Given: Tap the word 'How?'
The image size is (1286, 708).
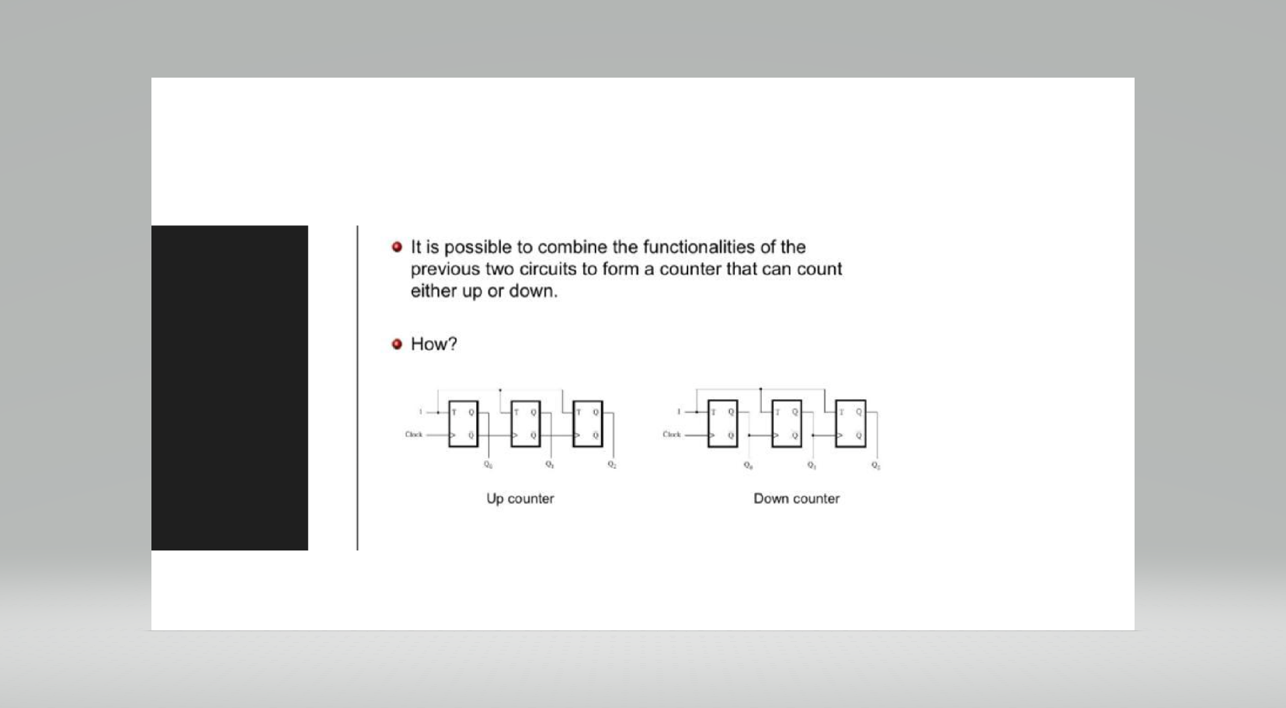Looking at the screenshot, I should coord(433,344).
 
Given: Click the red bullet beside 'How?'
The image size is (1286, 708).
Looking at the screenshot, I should coord(398,344).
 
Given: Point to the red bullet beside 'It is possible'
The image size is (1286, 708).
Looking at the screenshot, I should coord(398,247).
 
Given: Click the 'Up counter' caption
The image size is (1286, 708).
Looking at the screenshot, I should coord(520,498).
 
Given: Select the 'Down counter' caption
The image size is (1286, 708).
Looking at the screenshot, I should coord(796,498).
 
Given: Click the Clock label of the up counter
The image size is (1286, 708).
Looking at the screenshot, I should coord(414,435).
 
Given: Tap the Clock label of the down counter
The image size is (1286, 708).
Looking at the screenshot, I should coord(672,435).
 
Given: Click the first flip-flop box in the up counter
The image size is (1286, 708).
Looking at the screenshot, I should coord(464,424).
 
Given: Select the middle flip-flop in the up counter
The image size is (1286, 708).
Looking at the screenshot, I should coord(526,424).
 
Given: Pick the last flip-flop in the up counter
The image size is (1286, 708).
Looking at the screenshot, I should coord(588,424).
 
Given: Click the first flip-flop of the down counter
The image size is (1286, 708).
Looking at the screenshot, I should coord(723,424).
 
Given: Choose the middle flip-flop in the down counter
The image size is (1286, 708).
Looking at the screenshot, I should coord(787,424).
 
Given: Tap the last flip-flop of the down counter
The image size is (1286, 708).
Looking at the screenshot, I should coord(850,424).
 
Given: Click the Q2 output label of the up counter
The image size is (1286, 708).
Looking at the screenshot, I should coord(612,465).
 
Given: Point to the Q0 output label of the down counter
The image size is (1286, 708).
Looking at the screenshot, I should coord(748,466).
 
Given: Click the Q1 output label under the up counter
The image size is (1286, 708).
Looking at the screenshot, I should coord(549,465).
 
